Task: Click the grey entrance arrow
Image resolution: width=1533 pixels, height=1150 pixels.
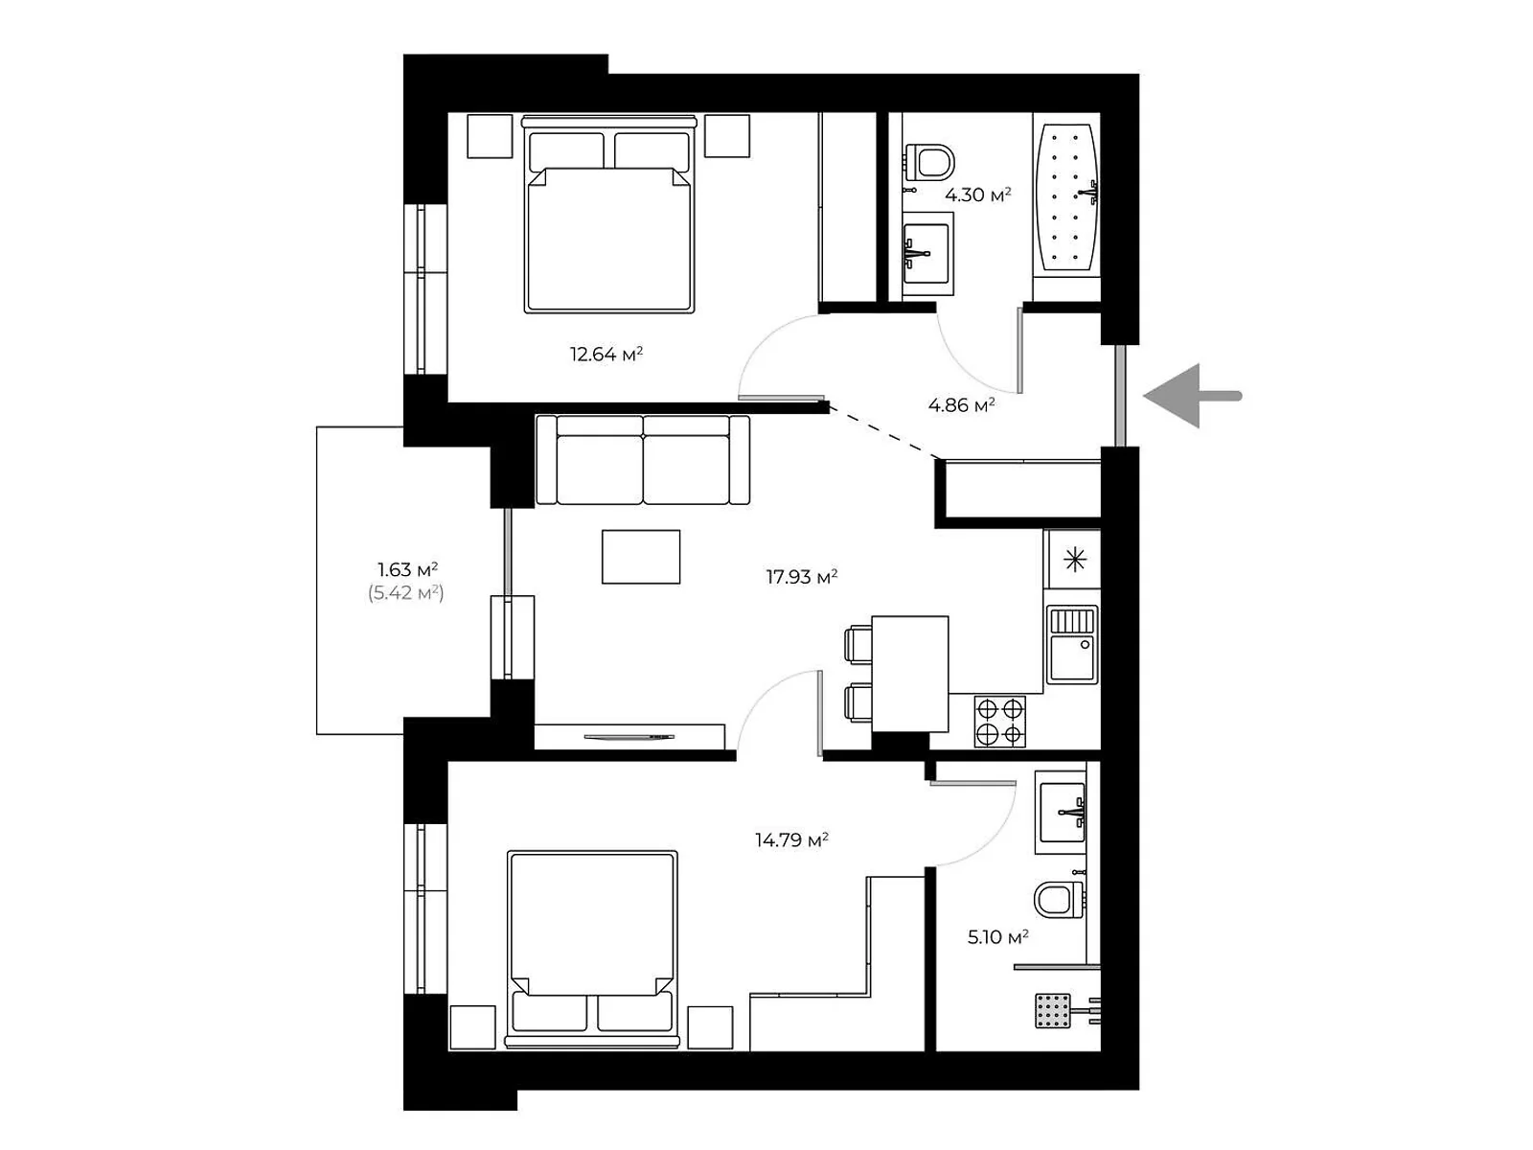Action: tap(1192, 396)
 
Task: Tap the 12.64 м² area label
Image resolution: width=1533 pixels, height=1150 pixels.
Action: tap(606, 354)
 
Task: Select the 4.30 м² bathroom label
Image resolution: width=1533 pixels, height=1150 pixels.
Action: tap(978, 195)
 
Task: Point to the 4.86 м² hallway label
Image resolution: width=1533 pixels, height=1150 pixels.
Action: tap(962, 405)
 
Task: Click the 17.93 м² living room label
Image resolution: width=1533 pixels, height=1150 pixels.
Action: tap(802, 577)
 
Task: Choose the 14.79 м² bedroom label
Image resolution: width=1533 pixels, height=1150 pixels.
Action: tap(791, 839)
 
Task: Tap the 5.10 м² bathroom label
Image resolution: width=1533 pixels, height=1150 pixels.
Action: tap(997, 937)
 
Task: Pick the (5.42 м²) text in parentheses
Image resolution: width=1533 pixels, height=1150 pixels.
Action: tap(406, 593)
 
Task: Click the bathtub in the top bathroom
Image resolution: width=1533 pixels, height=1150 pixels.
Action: tap(1068, 196)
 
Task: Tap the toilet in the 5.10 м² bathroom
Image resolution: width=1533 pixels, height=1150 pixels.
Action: tap(1059, 899)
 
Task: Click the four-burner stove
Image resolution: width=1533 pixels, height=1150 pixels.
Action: tap(1000, 722)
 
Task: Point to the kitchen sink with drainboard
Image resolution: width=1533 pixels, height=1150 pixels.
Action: tap(1072, 645)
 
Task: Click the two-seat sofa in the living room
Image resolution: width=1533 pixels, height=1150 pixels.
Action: tap(643, 460)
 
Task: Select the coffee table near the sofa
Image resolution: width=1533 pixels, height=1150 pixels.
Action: tap(641, 557)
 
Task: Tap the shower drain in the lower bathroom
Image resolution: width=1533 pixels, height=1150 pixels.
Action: tap(1053, 1011)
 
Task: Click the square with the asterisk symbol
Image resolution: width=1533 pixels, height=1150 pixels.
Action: tap(1075, 560)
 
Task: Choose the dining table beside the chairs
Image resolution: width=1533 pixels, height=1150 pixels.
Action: tap(910, 674)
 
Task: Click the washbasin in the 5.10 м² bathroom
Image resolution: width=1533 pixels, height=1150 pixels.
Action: tap(1062, 812)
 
